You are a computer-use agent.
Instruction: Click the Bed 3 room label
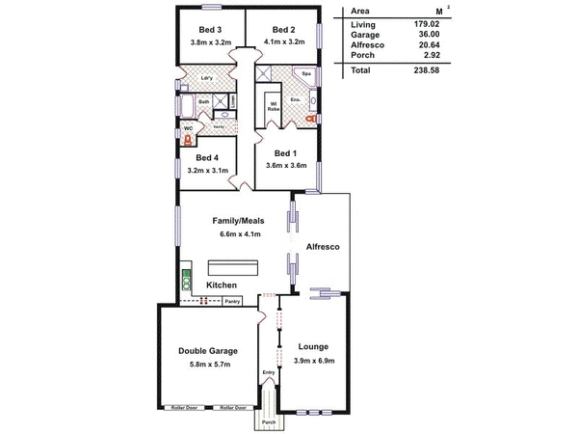click(210, 29)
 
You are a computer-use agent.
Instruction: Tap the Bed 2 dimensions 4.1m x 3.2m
click(282, 43)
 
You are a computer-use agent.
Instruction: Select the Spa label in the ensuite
click(307, 73)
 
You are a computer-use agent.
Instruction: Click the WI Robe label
click(274, 106)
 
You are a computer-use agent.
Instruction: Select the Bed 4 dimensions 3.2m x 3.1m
click(207, 172)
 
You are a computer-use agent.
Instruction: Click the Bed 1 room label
click(286, 152)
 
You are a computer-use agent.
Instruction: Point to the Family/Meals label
click(238, 220)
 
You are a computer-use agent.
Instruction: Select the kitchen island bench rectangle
click(231, 267)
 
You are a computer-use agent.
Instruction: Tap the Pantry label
click(231, 302)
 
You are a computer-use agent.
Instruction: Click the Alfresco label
click(321, 248)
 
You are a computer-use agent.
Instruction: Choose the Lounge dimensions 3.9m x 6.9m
click(313, 360)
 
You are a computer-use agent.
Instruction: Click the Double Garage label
click(208, 350)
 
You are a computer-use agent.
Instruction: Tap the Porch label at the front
click(269, 422)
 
